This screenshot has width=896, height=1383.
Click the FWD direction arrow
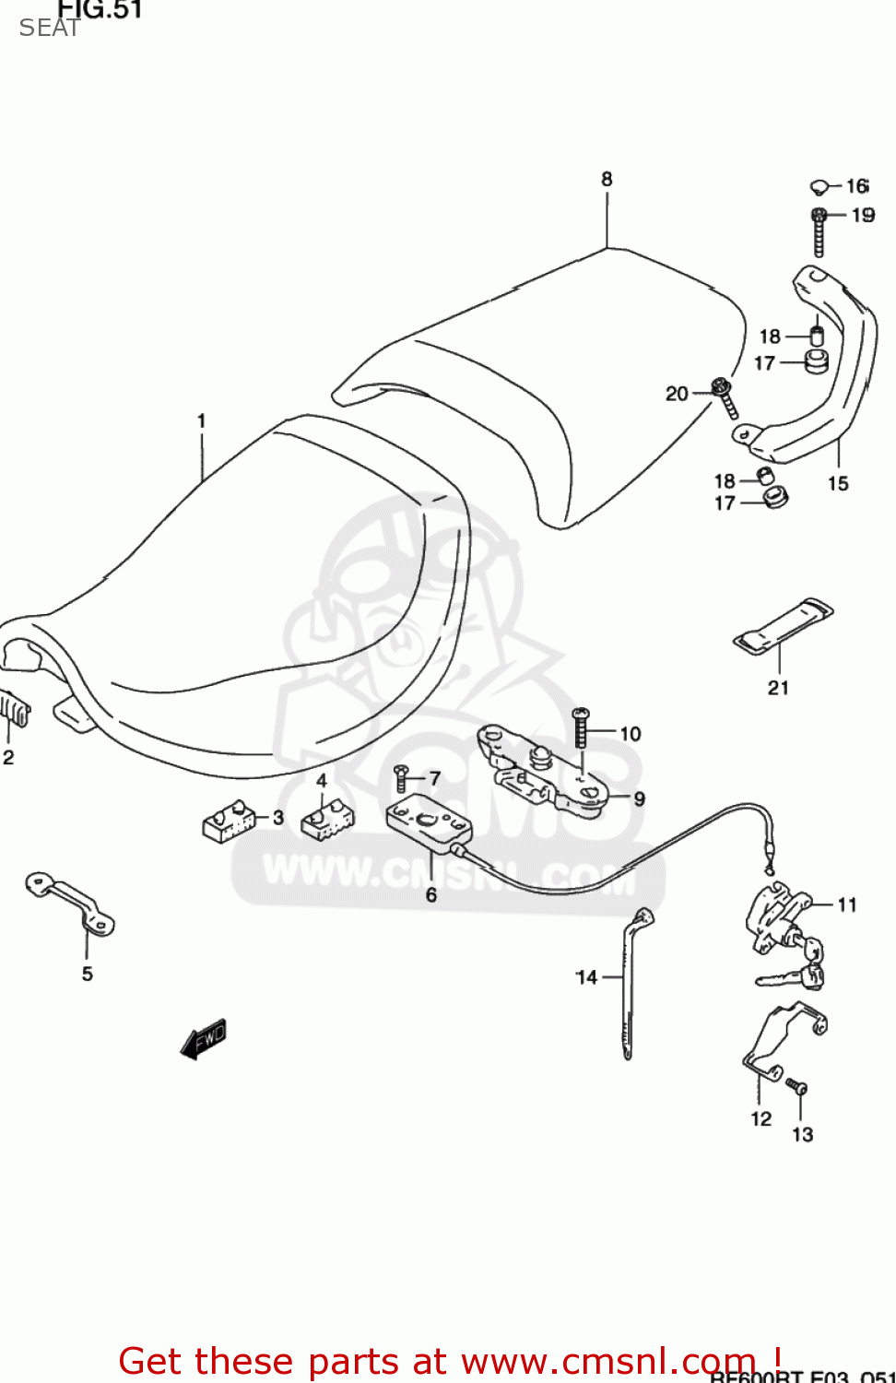click(x=204, y=1039)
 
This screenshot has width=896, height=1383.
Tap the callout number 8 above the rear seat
click(x=607, y=179)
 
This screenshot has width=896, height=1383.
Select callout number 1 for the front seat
click(x=201, y=421)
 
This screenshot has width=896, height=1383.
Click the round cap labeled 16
click(x=819, y=188)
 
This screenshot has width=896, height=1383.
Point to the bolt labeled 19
click(x=819, y=232)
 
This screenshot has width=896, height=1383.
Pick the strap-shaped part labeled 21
click(x=783, y=626)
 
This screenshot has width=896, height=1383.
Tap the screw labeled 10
click(x=581, y=728)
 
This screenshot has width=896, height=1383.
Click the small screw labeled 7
click(x=401, y=779)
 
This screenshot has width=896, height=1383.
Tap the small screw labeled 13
click(x=798, y=1088)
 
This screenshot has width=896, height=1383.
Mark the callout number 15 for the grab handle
click(x=838, y=483)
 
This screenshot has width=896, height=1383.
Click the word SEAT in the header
click(x=49, y=29)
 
